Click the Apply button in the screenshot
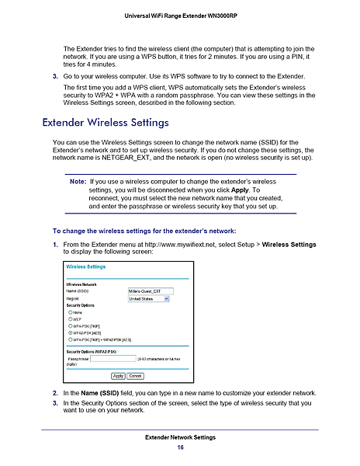pyautogui.click(x=119, y=376)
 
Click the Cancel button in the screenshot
pyautogui.click(x=135, y=376)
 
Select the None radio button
pyautogui.click(x=71, y=311)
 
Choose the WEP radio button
pyautogui.click(x=71, y=318)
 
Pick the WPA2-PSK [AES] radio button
pyautogui.click(x=71, y=332)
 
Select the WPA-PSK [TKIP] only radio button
pyautogui.click(x=71, y=325)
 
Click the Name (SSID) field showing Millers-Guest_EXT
pyautogui.click(x=151, y=291)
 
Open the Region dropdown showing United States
pyautogui.click(x=151, y=298)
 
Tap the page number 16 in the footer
pyautogui.click(x=180, y=448)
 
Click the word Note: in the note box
pyautogui.click(x=78, y=180)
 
